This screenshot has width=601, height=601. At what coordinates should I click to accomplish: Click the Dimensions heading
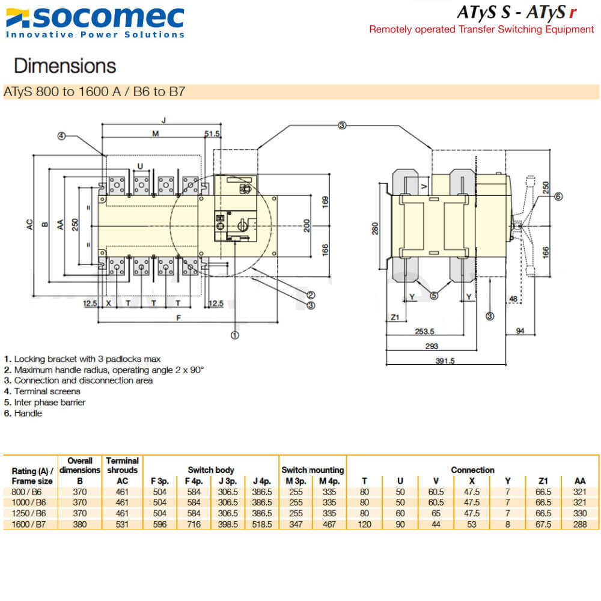tap(65, 66)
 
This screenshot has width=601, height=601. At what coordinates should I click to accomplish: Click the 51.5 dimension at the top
tap(212, 133)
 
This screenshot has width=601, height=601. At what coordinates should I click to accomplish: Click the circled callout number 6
tap(558, 196)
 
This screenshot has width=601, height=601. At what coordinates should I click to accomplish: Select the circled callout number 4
tap(61, 136)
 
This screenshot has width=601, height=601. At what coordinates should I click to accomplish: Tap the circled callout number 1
tap(235, 335)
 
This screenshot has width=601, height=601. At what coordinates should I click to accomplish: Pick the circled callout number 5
tap(434, 294)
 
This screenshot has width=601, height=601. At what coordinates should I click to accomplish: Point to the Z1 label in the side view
tap(394, 317)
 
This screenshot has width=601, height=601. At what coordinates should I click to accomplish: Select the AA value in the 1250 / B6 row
tap(580, 513)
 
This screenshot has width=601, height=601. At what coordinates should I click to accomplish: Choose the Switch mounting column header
tap(313, 470)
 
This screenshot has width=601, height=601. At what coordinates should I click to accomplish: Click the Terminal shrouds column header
tap(122, 465)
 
